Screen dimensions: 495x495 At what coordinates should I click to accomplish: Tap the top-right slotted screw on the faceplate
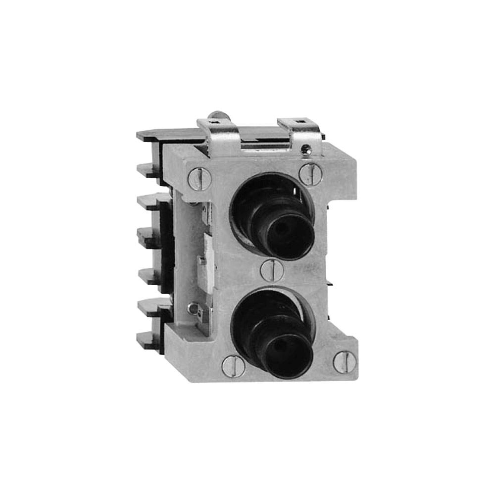[x=310, y=174]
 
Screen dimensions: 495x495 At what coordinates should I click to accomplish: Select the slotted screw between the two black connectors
[x=272, y=270]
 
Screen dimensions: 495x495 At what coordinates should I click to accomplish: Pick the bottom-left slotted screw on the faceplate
[x=233, y=366]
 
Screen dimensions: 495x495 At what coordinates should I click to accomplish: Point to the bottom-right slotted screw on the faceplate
[x=345, y=362]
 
